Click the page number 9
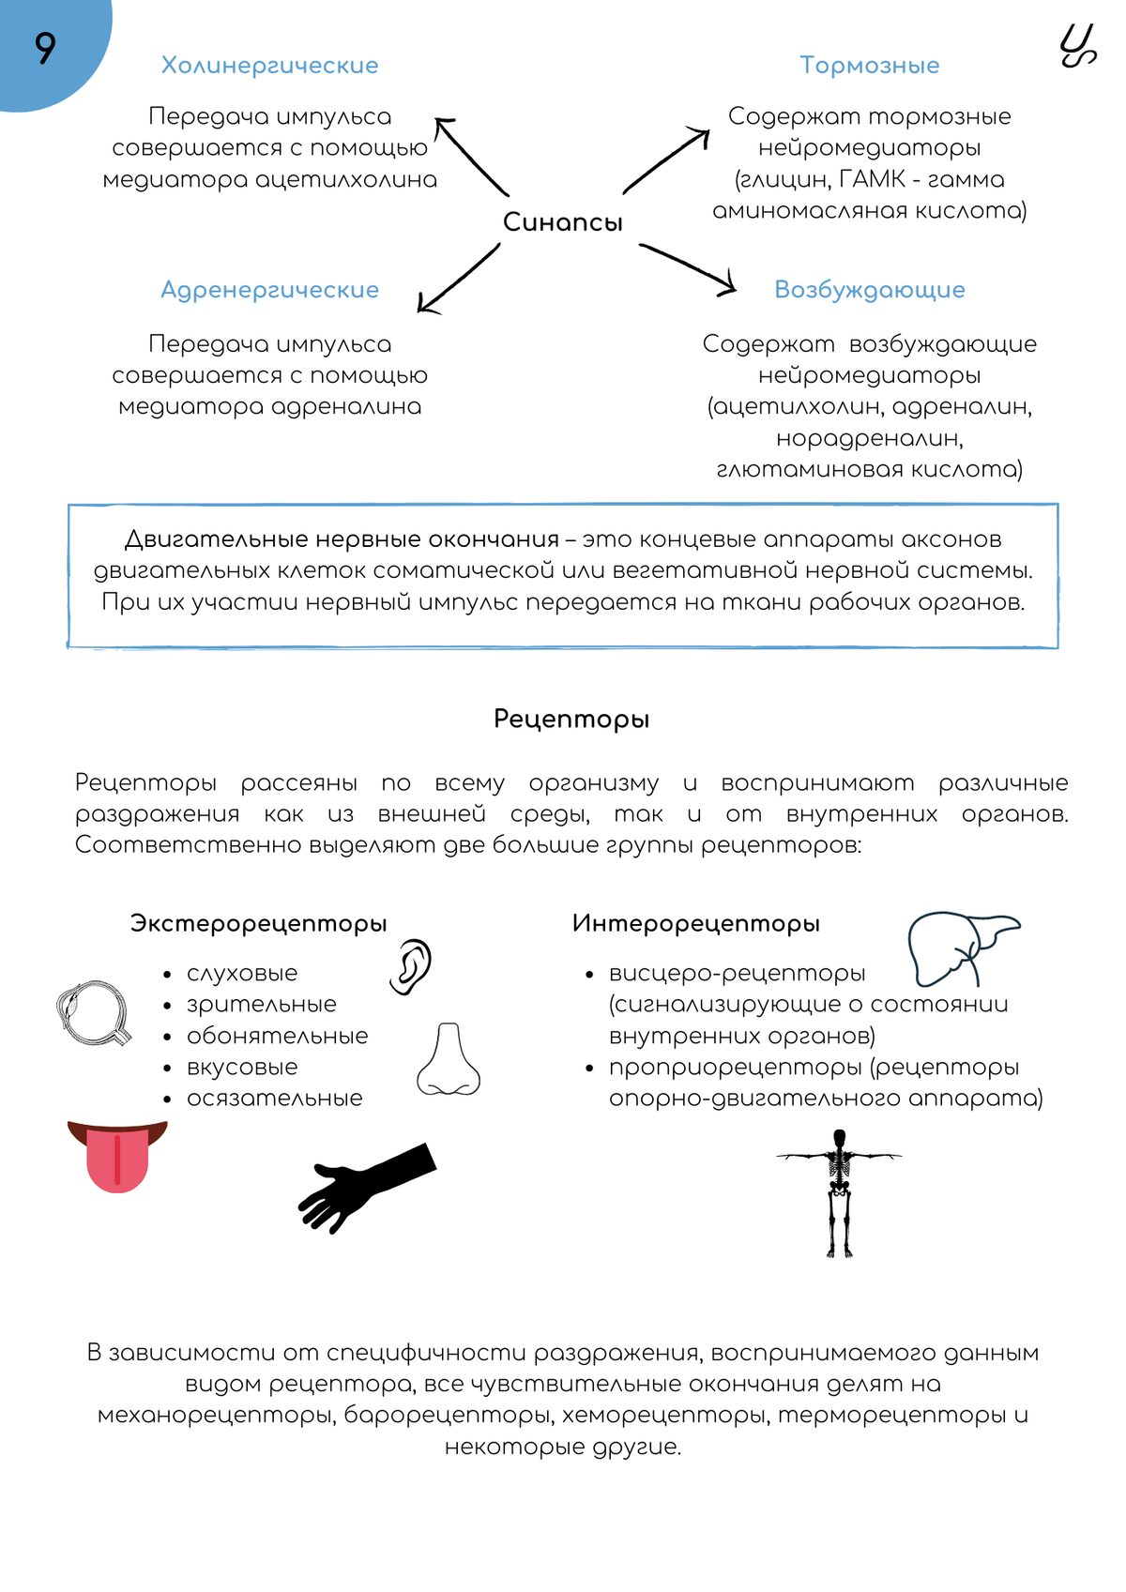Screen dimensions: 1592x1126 (45, 48)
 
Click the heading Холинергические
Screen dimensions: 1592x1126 (269, 65)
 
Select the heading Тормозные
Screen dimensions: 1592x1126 (869, 65)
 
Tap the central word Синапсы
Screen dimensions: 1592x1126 (562, 222)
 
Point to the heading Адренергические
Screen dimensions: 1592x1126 (269, 290)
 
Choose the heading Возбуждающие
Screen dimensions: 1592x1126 (869, 290)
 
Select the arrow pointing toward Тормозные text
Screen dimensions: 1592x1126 (666, 161)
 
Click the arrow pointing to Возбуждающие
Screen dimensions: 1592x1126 (688, 268)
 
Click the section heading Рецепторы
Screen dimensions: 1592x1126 (571, 720)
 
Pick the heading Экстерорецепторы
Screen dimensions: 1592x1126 (258, 923)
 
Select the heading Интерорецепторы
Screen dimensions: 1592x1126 (695, 923)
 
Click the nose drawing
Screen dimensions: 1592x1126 (449, 1060)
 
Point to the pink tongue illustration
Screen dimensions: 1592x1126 (117, 1156)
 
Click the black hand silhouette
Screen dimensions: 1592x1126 (366, 1185)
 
